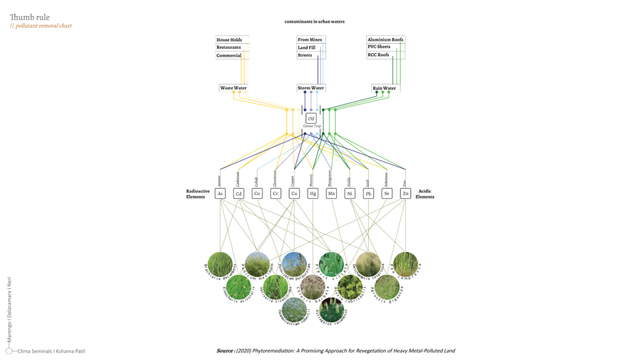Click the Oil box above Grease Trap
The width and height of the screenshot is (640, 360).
(x=311, y=119)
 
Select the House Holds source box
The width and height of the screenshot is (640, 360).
(x=229, y=39)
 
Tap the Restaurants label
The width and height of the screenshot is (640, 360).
(x=229, y=47)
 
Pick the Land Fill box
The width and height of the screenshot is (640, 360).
(x=307, y=47)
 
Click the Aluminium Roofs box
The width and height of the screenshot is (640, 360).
(x=386, y=39)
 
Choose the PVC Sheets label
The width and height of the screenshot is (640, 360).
(x=379, y=47)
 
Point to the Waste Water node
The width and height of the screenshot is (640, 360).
(x=233, y=88)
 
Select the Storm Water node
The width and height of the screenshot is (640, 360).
(x=311, y=88)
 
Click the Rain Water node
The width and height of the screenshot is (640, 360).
(x=384, y=88)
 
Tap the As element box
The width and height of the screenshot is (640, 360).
(x=219, y=194)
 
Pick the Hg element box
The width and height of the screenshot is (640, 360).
(x=313, y=194)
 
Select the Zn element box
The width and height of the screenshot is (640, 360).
(x=406, y=194)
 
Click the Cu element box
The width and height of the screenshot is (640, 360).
(x=294, y=194)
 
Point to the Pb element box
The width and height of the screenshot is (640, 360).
(x=369, y=194)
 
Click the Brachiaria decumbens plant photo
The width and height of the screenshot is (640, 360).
(x=220, y=264)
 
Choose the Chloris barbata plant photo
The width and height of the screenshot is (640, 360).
(x=312, y=287)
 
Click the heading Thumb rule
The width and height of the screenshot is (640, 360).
(x=29, y=17)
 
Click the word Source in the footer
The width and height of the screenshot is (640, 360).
(x=225, y=351)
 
